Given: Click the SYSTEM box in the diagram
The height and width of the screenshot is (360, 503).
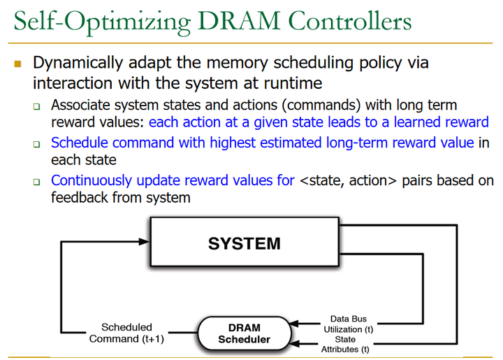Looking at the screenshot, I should [x=244, y=243].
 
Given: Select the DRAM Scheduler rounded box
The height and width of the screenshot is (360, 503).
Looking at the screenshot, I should [x=244, y=333].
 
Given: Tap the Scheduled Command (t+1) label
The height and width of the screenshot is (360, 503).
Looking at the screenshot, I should [x=126, y=333].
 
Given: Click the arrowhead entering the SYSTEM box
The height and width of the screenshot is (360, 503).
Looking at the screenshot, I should [x=145, y=241].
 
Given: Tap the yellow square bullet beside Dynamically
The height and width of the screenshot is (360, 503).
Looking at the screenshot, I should [x=18, y=64].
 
